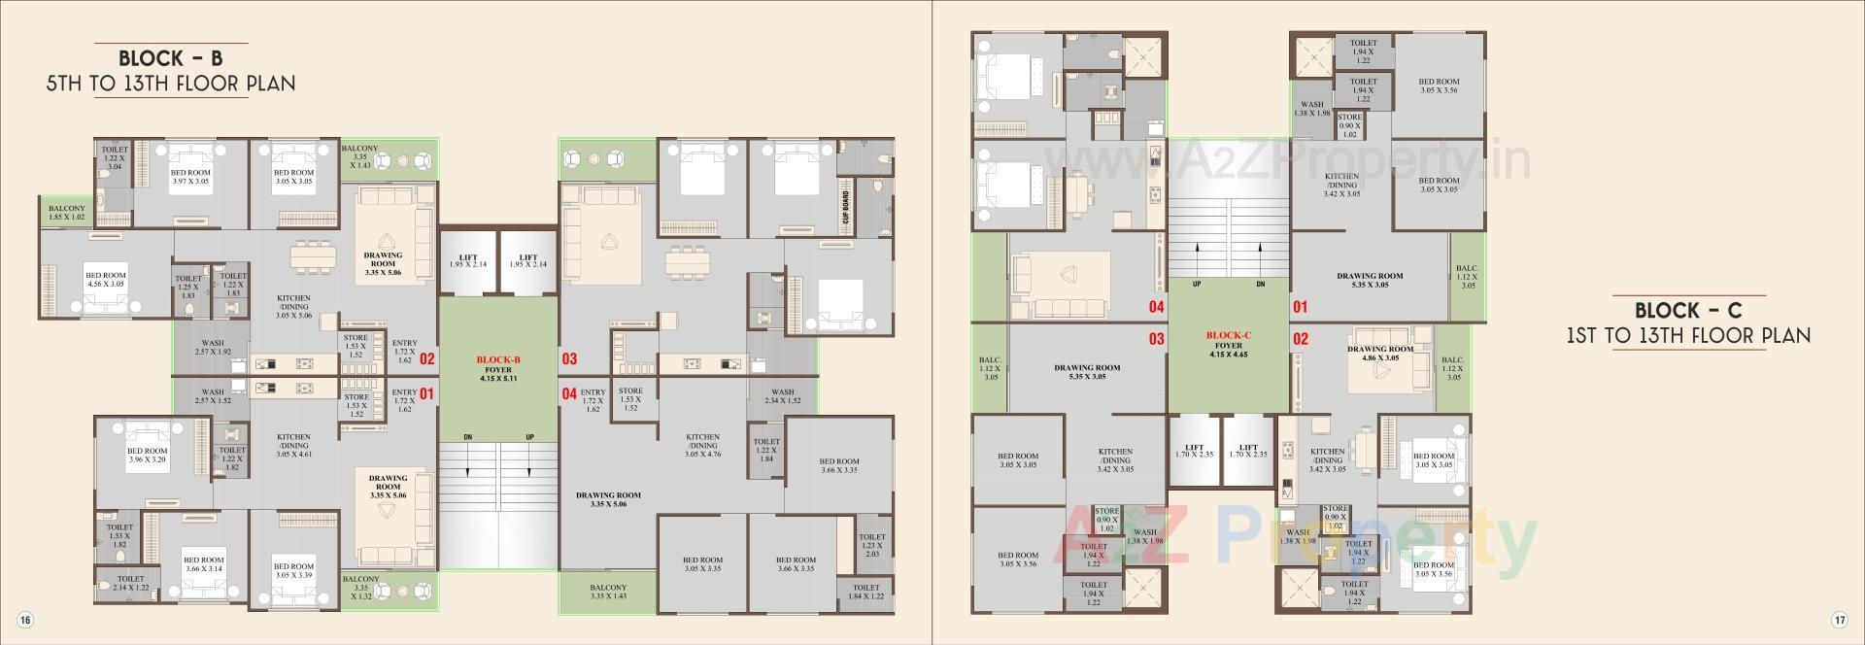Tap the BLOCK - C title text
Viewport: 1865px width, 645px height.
[1688, 311]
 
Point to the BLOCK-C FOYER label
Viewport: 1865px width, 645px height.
[1228, 344]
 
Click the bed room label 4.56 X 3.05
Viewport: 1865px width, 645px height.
[105, 281]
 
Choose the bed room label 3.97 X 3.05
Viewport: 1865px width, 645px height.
[190, 177]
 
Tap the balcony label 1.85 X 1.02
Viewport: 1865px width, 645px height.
[67, 212]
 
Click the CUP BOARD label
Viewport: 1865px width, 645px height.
[846, 207]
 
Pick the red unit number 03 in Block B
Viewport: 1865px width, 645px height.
[569, 358]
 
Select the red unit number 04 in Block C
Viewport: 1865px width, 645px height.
[1156, 307]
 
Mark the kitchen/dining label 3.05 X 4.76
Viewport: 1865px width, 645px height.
[702, 445]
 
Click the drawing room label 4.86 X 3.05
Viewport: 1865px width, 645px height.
[1379, 353]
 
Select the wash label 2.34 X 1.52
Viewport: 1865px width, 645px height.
[782, 396]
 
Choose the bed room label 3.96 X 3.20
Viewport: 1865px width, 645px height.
[148, 455]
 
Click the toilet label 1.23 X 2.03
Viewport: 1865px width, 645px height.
[871, 545]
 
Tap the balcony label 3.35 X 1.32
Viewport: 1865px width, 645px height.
[360, 588]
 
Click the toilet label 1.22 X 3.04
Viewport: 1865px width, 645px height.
[115, 158]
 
